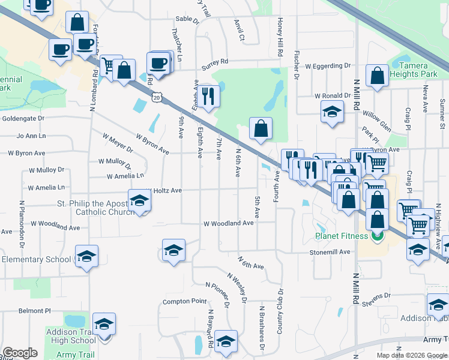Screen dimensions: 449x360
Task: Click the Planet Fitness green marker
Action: tap(378, 236)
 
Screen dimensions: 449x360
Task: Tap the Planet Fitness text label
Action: tap(342, 236)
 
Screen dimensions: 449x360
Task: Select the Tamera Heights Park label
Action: tap(409, 70)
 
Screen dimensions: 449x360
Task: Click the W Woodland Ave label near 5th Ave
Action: tap(229, 223)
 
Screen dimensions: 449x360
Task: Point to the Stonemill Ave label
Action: tap(330, 253)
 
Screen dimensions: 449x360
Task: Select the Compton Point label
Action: tap(185, 301)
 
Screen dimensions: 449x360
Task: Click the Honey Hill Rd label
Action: tap(280, 38)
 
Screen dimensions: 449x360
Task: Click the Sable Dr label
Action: tap(187, 19)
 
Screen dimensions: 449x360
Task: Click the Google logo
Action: tap(20, 353)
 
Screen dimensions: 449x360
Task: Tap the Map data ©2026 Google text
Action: tap(411, 355)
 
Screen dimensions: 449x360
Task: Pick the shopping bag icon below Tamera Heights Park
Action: tap(377, 76)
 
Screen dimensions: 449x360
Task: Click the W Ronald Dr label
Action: tap(333, 96)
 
